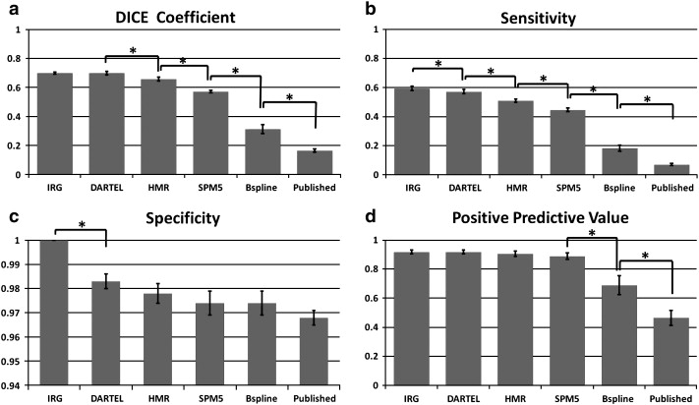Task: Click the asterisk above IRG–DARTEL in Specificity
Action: pos(80,225)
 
